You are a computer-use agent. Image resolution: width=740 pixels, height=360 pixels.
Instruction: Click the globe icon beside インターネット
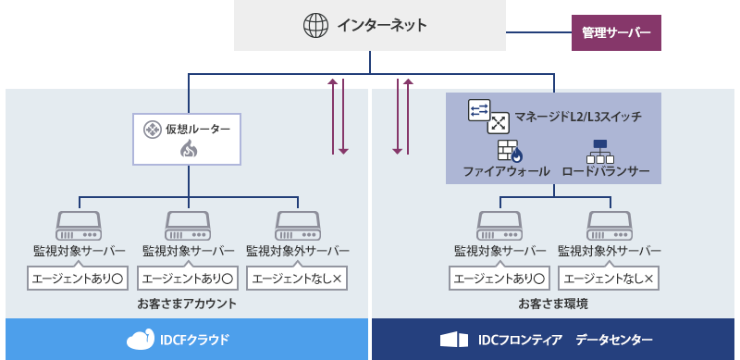coord(316,25)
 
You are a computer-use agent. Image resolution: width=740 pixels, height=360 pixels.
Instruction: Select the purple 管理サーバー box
coord(615,33)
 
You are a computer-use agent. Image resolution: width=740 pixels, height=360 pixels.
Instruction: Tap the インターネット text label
coord(382,25)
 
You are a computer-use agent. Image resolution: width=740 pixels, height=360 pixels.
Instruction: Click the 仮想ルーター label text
coord(198,129)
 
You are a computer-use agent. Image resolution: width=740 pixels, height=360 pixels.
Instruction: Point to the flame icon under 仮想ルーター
coord(188,149)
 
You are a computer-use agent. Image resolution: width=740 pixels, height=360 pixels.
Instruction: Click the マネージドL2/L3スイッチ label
coord(576,117)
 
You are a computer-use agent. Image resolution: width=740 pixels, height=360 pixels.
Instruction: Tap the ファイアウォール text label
coord(506,171)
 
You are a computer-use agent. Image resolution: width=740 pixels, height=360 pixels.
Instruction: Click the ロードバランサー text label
coord(605,171)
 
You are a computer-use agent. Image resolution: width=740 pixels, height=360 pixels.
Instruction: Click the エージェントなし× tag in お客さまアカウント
coord(298,278)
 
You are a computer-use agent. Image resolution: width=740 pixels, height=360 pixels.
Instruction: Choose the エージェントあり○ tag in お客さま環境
coord(499,278)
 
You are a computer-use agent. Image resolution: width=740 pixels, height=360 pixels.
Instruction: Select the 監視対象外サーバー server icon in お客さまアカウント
coord(298,224)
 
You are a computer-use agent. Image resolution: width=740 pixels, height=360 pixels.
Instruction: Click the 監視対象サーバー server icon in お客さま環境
coord(499,224)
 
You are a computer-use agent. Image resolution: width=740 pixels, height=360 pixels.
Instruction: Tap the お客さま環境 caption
coord(553,303)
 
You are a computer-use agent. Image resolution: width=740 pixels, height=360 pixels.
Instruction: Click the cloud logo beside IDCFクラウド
coord(141,340)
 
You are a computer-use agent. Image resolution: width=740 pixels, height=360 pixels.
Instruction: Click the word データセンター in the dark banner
coord(614,340)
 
